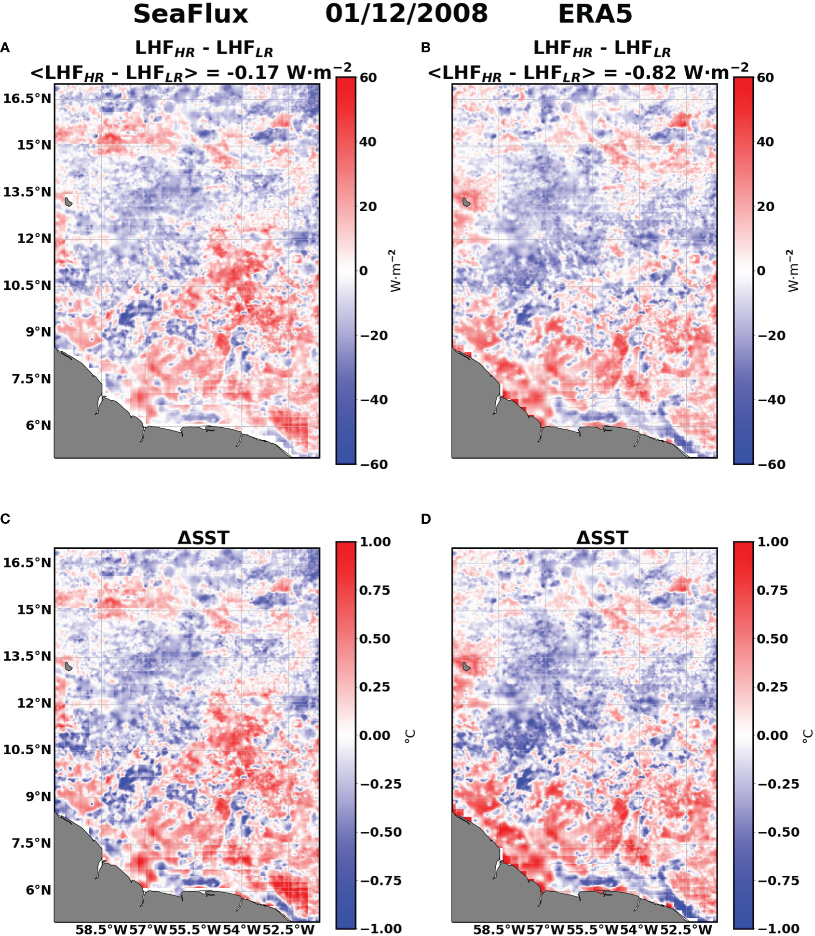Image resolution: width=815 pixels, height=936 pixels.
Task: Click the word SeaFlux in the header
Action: tap(190, 14)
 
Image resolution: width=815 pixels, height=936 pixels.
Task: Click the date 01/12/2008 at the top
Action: tap(407, 14)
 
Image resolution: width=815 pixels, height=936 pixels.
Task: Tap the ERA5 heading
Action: tap(595, 14)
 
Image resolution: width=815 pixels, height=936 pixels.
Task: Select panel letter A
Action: tap(5, 47)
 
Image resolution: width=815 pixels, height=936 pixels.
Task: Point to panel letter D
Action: tap(426, 519)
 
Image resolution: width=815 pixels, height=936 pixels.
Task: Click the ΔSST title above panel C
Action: tap(203, 538)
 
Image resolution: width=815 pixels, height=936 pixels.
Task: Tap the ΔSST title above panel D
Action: tap(602, 538)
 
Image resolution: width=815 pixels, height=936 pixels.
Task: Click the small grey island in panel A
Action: tap(68, 201)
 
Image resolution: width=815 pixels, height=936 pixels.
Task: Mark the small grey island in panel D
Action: tap(466, 666)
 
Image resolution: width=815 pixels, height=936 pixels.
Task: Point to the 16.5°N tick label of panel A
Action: tap(27, 99)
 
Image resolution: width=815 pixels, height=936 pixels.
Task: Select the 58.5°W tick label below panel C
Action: tap(101, 929)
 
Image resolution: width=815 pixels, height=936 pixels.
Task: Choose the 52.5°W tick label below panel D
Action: tap(686, 929)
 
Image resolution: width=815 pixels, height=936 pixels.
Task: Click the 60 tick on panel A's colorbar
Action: tap(368, 78)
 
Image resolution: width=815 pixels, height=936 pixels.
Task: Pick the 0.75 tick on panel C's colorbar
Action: tap(374, 590)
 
